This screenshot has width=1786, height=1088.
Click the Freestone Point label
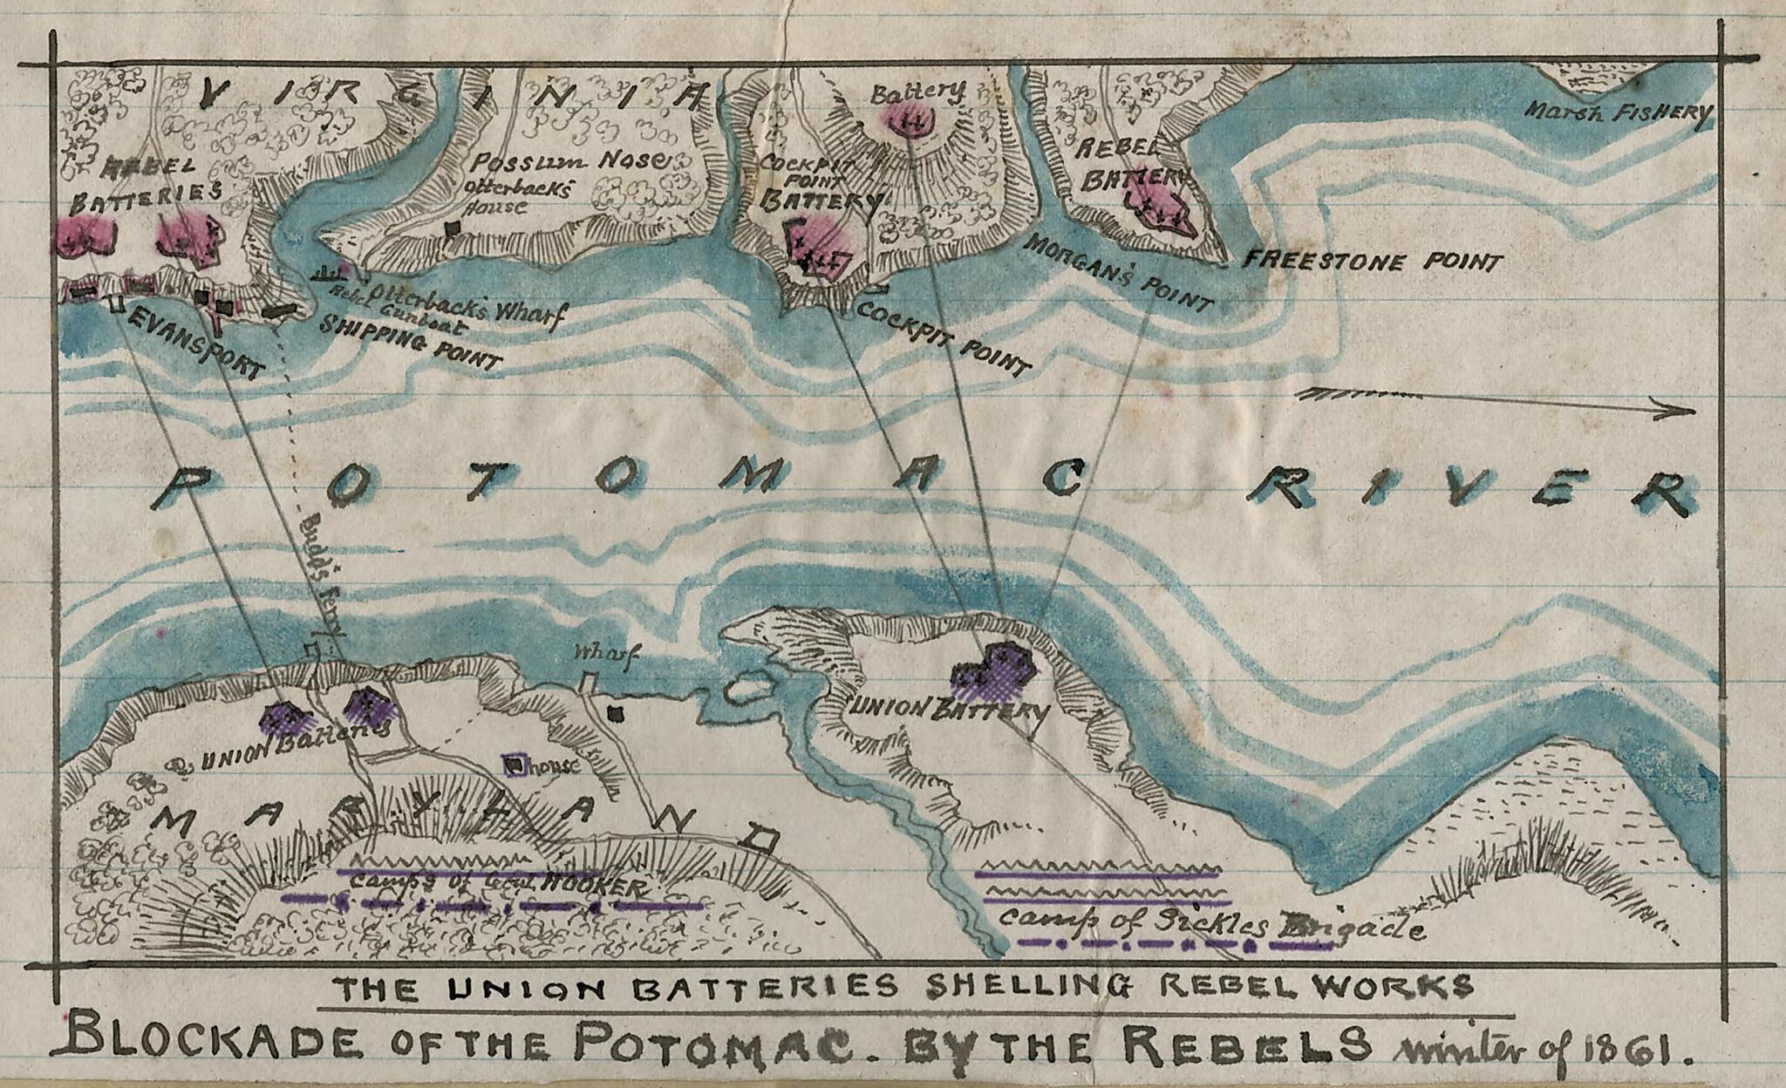click(x=1372, y=261)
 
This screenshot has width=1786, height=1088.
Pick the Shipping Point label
click(x=410, y=344)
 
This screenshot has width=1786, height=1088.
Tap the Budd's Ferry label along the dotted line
click(x=324, y=575)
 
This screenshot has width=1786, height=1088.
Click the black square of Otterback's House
click(x=451, y=228)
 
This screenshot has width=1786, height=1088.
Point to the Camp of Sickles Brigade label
click(x=1212, y=922)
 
